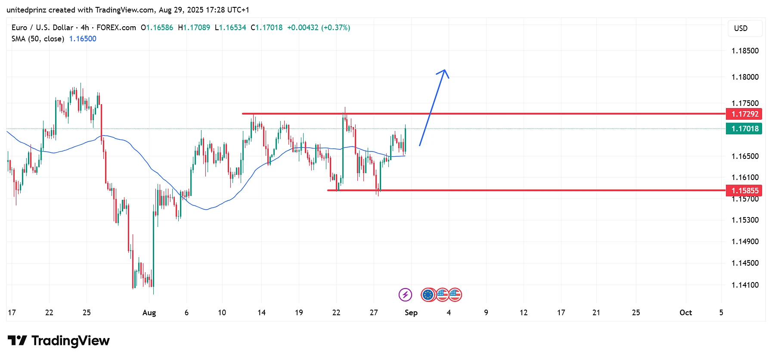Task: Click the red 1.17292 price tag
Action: coord(744,114)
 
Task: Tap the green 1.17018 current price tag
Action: coord(744,129)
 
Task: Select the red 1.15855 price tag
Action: coord(744,190)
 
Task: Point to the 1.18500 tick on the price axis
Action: coord(745,51)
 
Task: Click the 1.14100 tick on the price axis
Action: coord(745,285)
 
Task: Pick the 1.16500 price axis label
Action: coord(745,156)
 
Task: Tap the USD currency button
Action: coord(741,28)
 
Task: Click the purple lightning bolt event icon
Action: coord(405,295)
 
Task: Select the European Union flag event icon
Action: coord(428,295)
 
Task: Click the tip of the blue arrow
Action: coord(445,70)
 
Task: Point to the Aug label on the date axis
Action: coord(149,313)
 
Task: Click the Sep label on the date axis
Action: coord(411,313)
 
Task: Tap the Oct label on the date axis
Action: coord(685,313)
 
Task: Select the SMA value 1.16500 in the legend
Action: coord(83,39)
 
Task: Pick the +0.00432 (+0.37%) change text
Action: coord(319,28)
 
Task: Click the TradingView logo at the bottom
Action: coord(59,341)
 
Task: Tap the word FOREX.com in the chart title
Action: coord(116,28)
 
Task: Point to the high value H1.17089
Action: coord(194,28)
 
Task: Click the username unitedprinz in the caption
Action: coord(26,10)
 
